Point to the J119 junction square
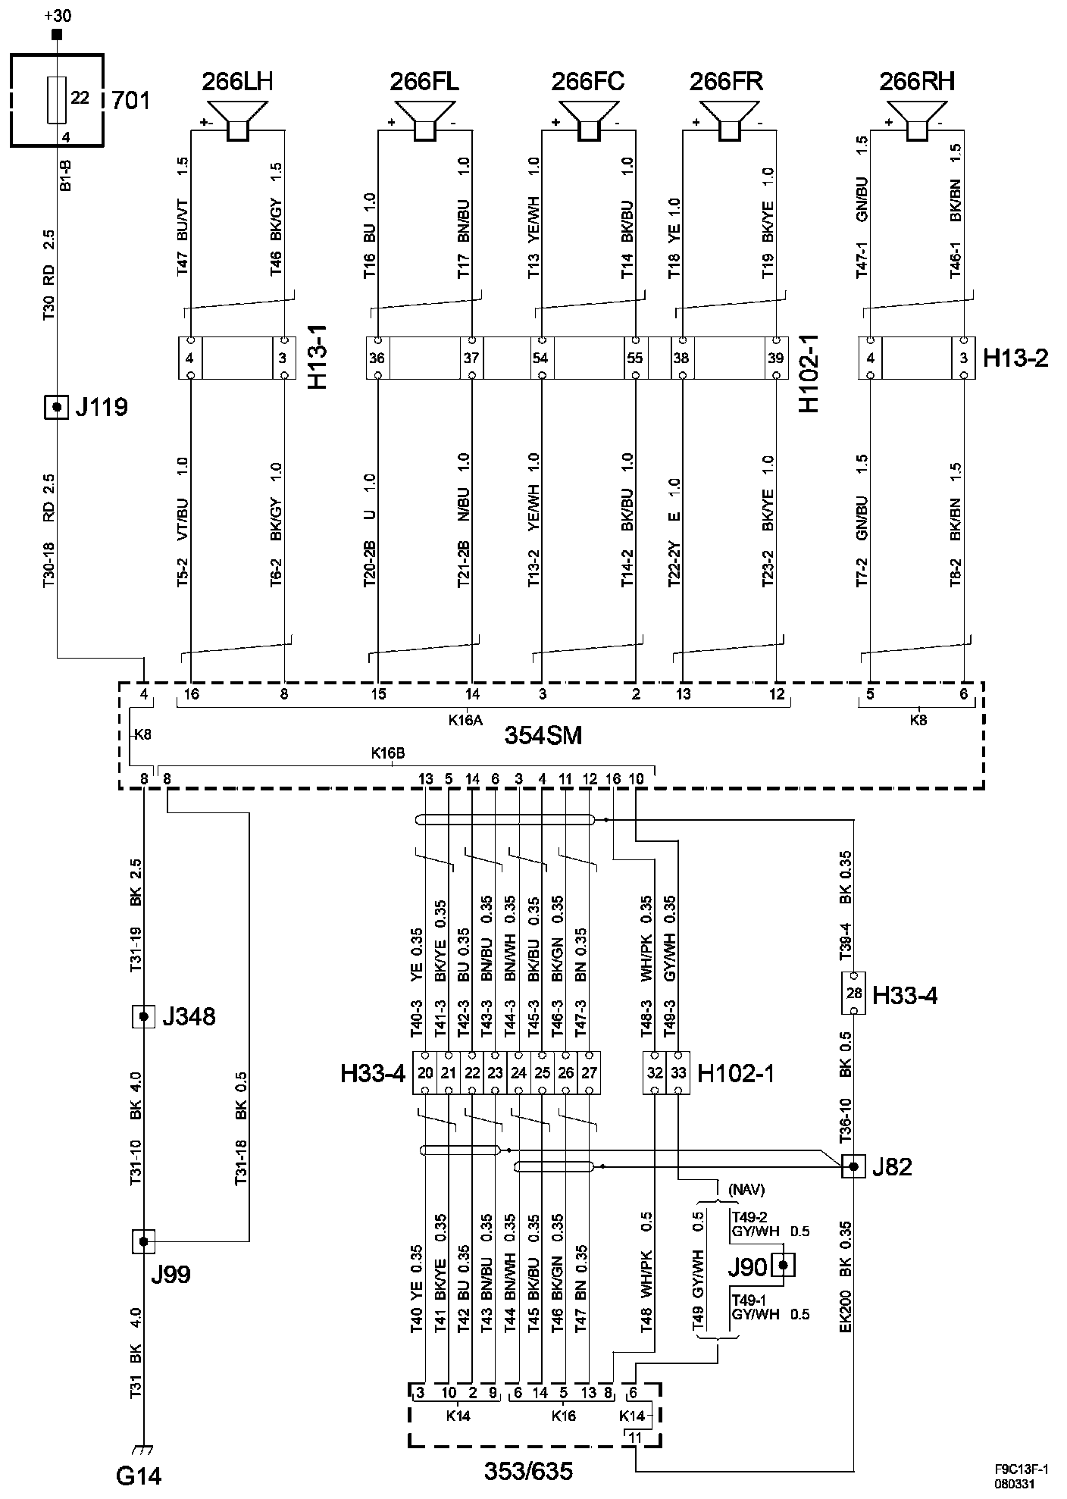pos(56,407)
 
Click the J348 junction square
pos(144,1016)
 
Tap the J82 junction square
pos(853,1166)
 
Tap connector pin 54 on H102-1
pos(541,358)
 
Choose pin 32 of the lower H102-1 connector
pos(655,1073)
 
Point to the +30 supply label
pos(58,15)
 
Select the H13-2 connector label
pos(1015,358)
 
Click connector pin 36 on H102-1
pos(377,358)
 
